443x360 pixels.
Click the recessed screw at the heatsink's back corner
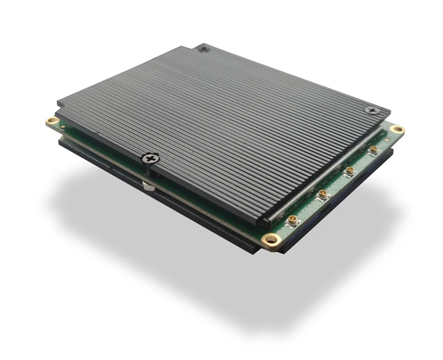pos(204,48)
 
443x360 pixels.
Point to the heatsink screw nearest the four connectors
pos(370,110)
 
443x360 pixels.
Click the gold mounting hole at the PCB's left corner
pos(53,122)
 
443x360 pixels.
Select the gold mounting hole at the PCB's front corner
pos(271,239)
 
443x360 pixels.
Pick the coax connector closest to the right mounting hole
pos(373,150)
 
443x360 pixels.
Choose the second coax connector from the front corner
pos(323,194)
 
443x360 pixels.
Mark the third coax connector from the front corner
pos(350,171)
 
